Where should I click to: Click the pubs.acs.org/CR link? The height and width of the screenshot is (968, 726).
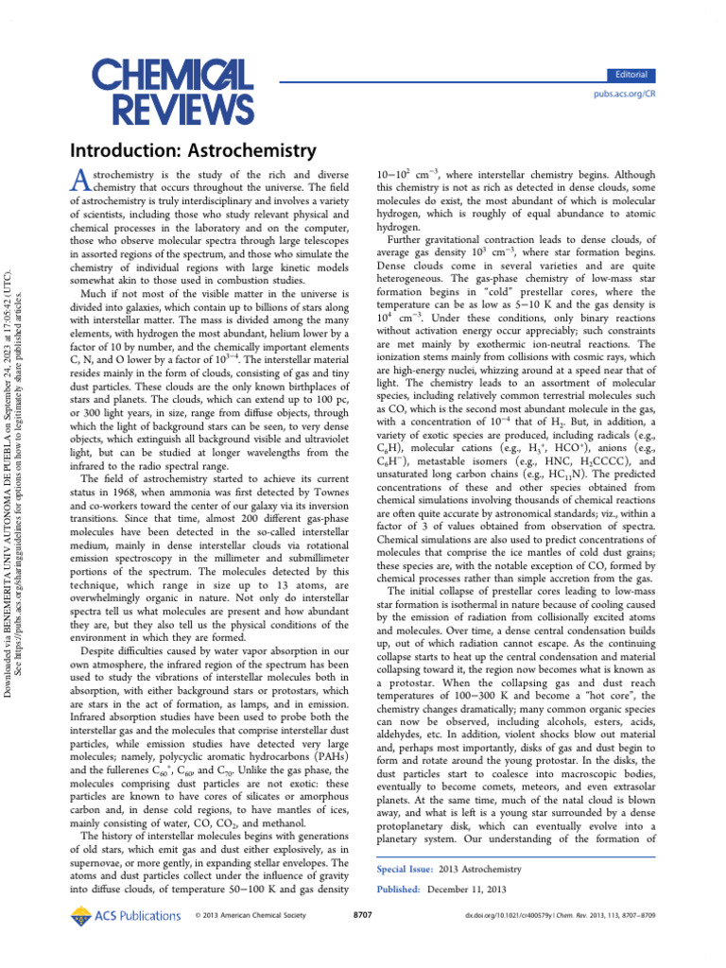point(624,95)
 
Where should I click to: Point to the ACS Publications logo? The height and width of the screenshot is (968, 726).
point(126,915)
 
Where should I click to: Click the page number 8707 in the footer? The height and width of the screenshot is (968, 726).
point(362,916)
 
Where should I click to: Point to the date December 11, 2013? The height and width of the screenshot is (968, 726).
point(467,890)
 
